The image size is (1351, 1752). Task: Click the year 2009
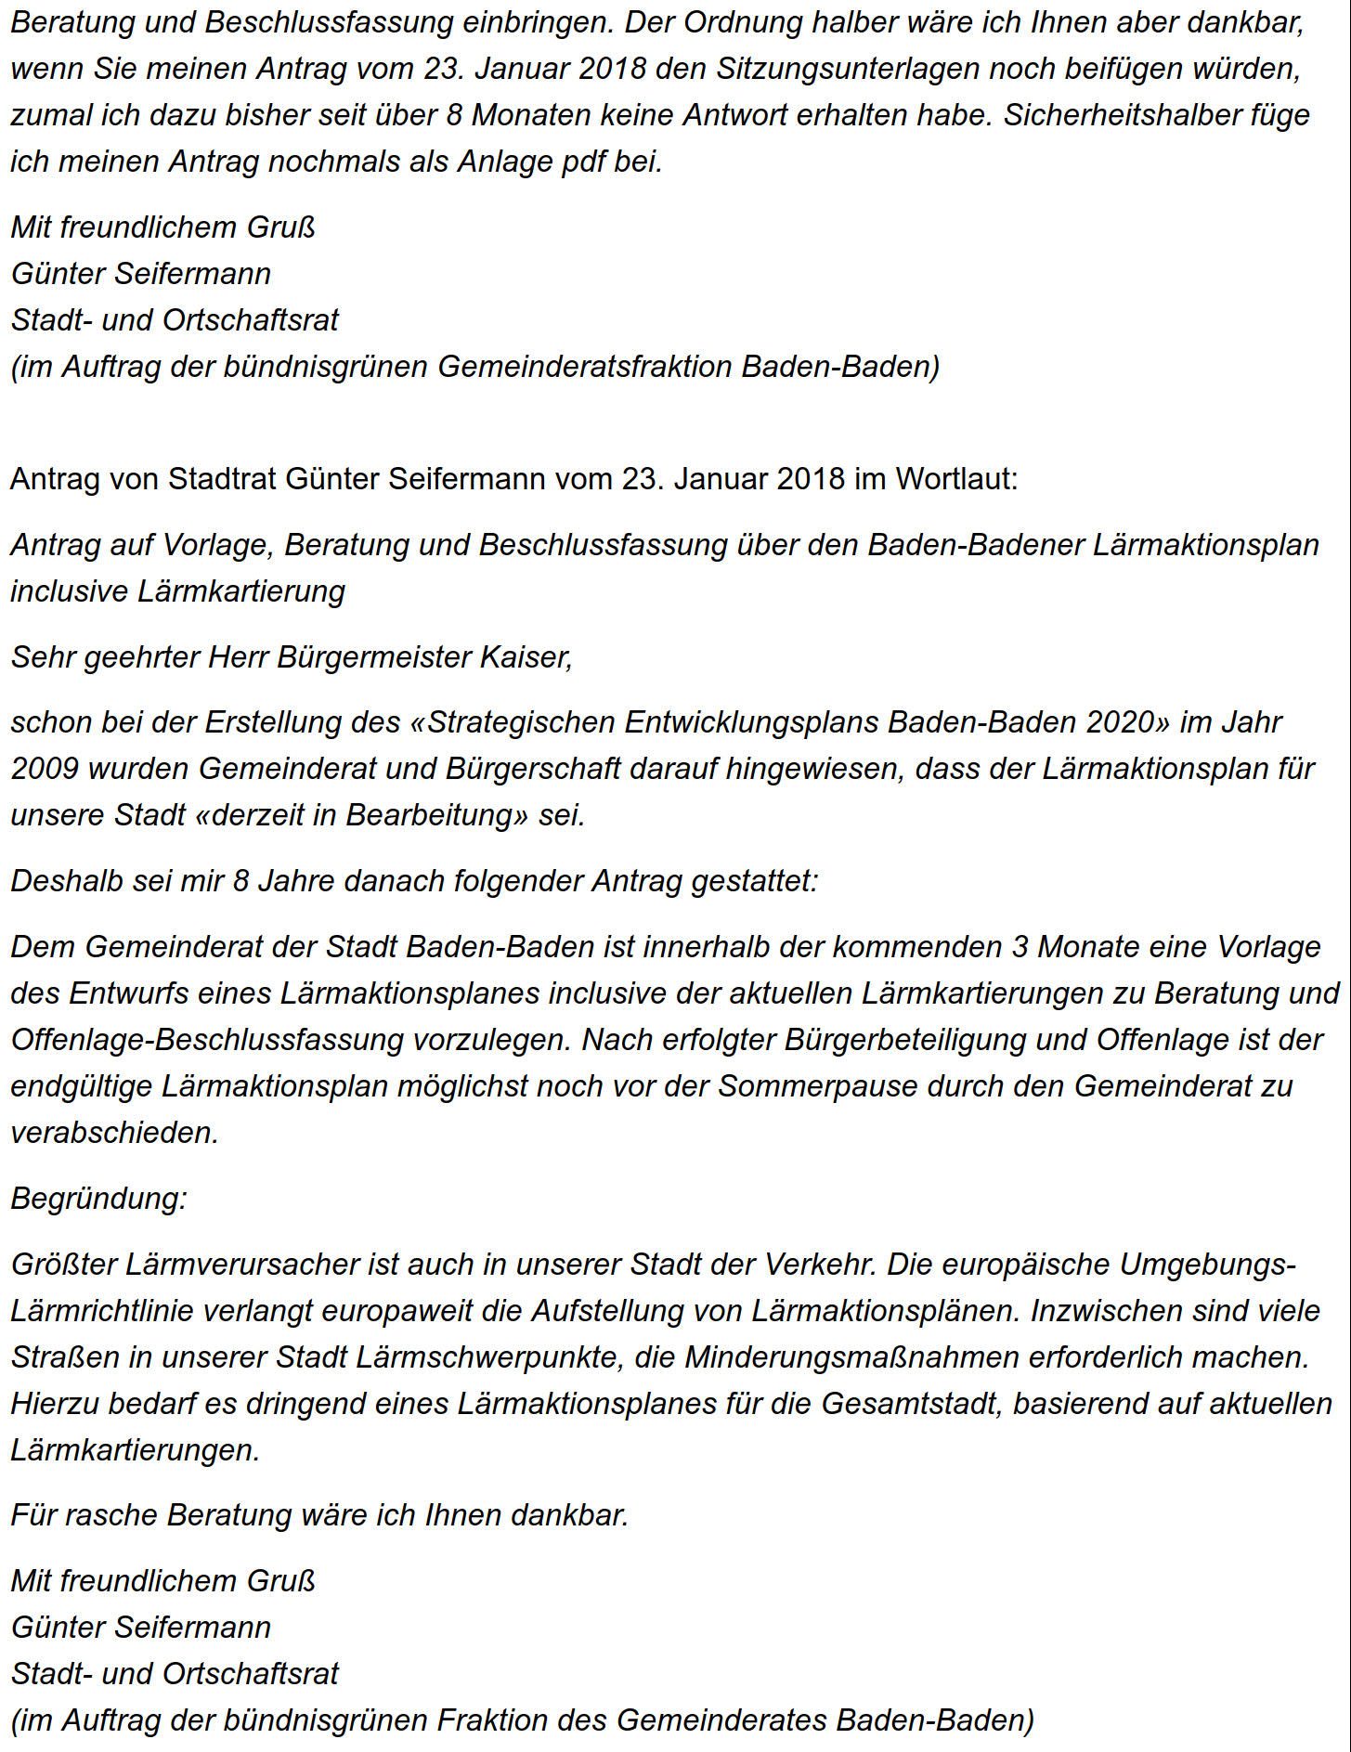(46, 769)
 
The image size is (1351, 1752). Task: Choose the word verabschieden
(114, 1132)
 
